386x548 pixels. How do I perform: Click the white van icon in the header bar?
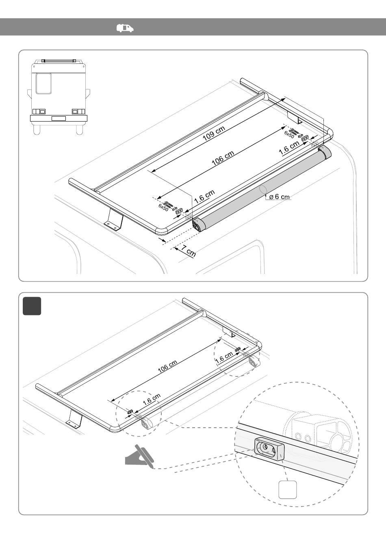pos(125,28)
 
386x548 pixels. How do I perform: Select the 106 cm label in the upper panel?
pos(223,158)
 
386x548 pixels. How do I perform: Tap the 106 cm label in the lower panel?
pos(167,367)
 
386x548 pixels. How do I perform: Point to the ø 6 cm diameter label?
pos(279,197)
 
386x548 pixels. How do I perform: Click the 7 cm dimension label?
pos(189,252)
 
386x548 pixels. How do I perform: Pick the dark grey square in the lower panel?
pos(32,306)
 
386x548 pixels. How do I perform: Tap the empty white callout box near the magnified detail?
pos(288,489)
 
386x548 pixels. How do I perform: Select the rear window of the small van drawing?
pos(44,83)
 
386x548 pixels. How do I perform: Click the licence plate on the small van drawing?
pos(59,118)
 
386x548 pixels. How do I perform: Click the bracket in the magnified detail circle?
pos(269,449)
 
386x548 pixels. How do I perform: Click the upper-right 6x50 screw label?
pos(289,134)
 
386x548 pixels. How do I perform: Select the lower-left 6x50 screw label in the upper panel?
pos(163,207)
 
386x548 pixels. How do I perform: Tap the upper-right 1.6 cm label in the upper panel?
pos(289,148)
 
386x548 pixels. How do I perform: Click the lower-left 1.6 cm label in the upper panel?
pos(204,196)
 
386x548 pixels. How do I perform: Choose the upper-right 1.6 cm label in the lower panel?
pos(224,357)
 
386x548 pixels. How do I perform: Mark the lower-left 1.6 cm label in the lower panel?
pos(152,399)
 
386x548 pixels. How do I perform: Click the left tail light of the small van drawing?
pos(39,111)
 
